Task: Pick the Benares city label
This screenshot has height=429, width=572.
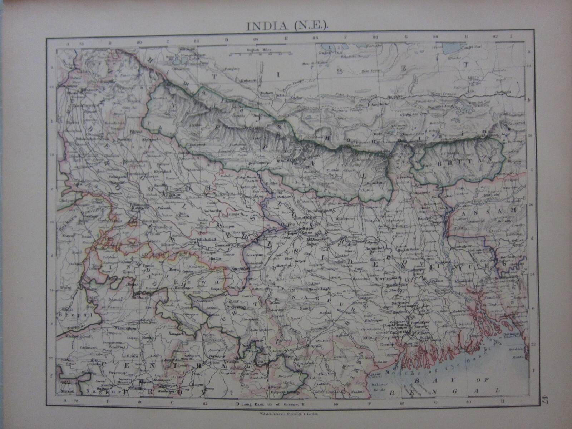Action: [223, 246]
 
